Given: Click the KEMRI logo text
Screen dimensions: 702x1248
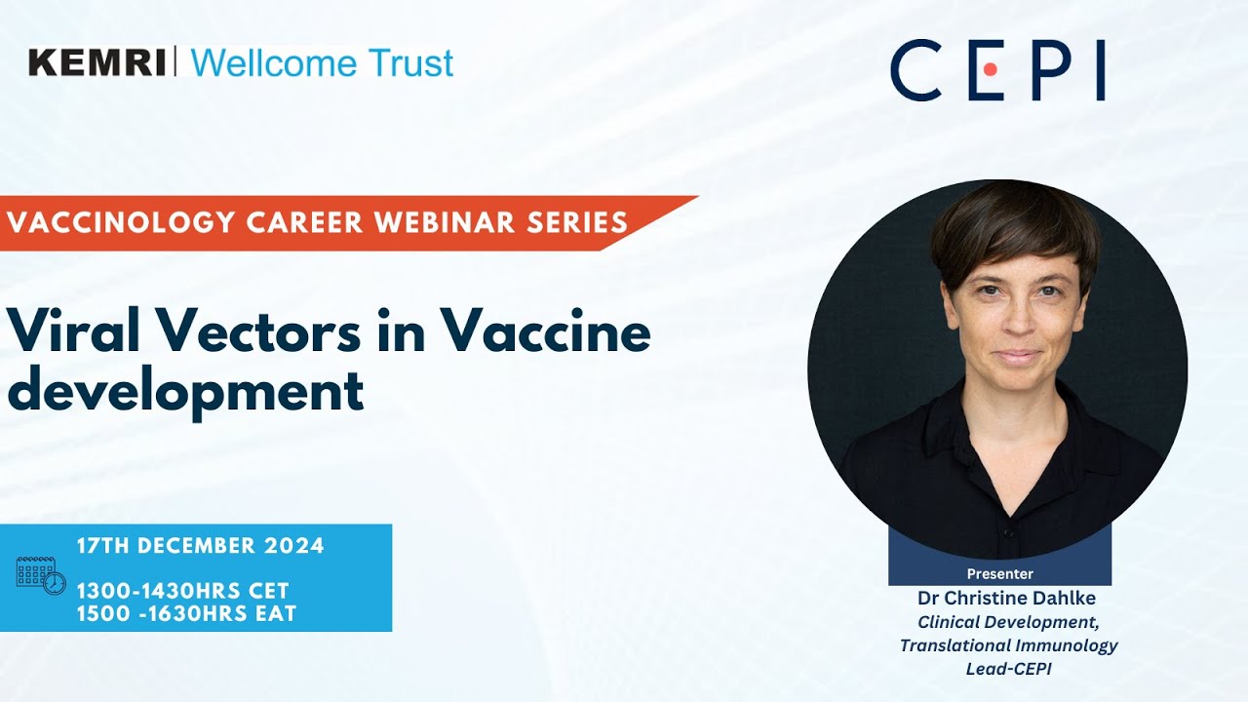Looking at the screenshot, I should (97, 62).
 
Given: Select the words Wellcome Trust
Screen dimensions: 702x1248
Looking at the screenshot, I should (322, 62).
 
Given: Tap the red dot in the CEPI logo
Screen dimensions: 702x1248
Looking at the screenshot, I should (989, 70).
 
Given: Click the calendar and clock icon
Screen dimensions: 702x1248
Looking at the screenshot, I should (41, 575).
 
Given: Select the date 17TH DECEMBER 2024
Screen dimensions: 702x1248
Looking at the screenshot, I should (200, 546).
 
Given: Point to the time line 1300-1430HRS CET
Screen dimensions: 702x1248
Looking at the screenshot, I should (182, 591).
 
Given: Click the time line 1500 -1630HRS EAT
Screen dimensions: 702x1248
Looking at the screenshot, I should (186, 613).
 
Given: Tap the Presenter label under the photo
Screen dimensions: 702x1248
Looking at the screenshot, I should (999, 573).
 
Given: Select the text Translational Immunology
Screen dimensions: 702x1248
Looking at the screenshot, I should (1008, 644).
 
